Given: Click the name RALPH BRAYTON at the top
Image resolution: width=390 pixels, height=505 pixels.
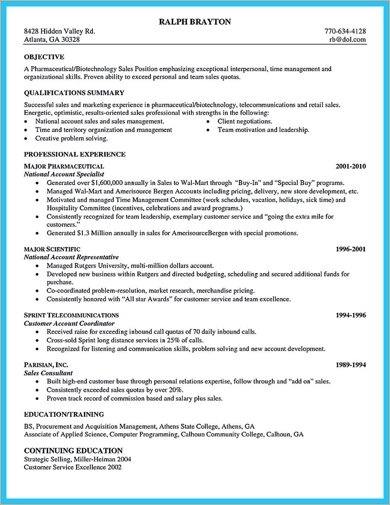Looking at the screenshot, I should point(195,22).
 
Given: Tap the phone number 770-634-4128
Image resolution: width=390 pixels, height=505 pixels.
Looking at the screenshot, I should point(345,31).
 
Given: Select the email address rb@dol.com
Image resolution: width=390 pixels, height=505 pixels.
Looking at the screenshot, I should point(347,40).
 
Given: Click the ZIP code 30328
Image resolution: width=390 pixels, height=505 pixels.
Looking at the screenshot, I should point(70,40).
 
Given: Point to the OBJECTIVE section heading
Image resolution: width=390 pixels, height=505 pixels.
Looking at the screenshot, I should point(44,57).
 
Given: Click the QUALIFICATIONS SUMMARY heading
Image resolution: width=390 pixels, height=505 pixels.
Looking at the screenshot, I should point(74,93).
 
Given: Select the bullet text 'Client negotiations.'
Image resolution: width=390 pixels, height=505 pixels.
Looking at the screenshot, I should point(245,121).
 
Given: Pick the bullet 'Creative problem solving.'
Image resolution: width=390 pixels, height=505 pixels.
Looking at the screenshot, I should point(71,138).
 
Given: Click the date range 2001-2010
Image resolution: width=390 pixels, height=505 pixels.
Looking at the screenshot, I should point(350,166).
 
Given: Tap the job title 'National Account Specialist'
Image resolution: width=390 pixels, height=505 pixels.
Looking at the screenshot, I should point(64,174).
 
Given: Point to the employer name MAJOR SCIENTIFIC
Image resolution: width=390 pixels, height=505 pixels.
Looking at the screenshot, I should point(52,249).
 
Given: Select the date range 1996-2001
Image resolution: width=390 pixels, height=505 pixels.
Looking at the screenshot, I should point(350,249).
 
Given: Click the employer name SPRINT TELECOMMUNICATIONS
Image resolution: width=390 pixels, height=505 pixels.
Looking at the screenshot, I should point(71,315).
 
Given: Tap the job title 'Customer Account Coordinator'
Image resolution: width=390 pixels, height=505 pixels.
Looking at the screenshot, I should point(69,324).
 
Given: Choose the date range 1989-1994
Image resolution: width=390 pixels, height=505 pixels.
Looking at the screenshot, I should point(350,365).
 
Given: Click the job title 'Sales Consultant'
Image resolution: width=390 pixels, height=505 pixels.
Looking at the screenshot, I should point(48,373).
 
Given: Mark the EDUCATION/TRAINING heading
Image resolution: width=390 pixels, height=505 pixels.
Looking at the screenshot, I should point(64,415).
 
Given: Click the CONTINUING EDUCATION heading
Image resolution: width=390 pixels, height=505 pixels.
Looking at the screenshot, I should point(73,451).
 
